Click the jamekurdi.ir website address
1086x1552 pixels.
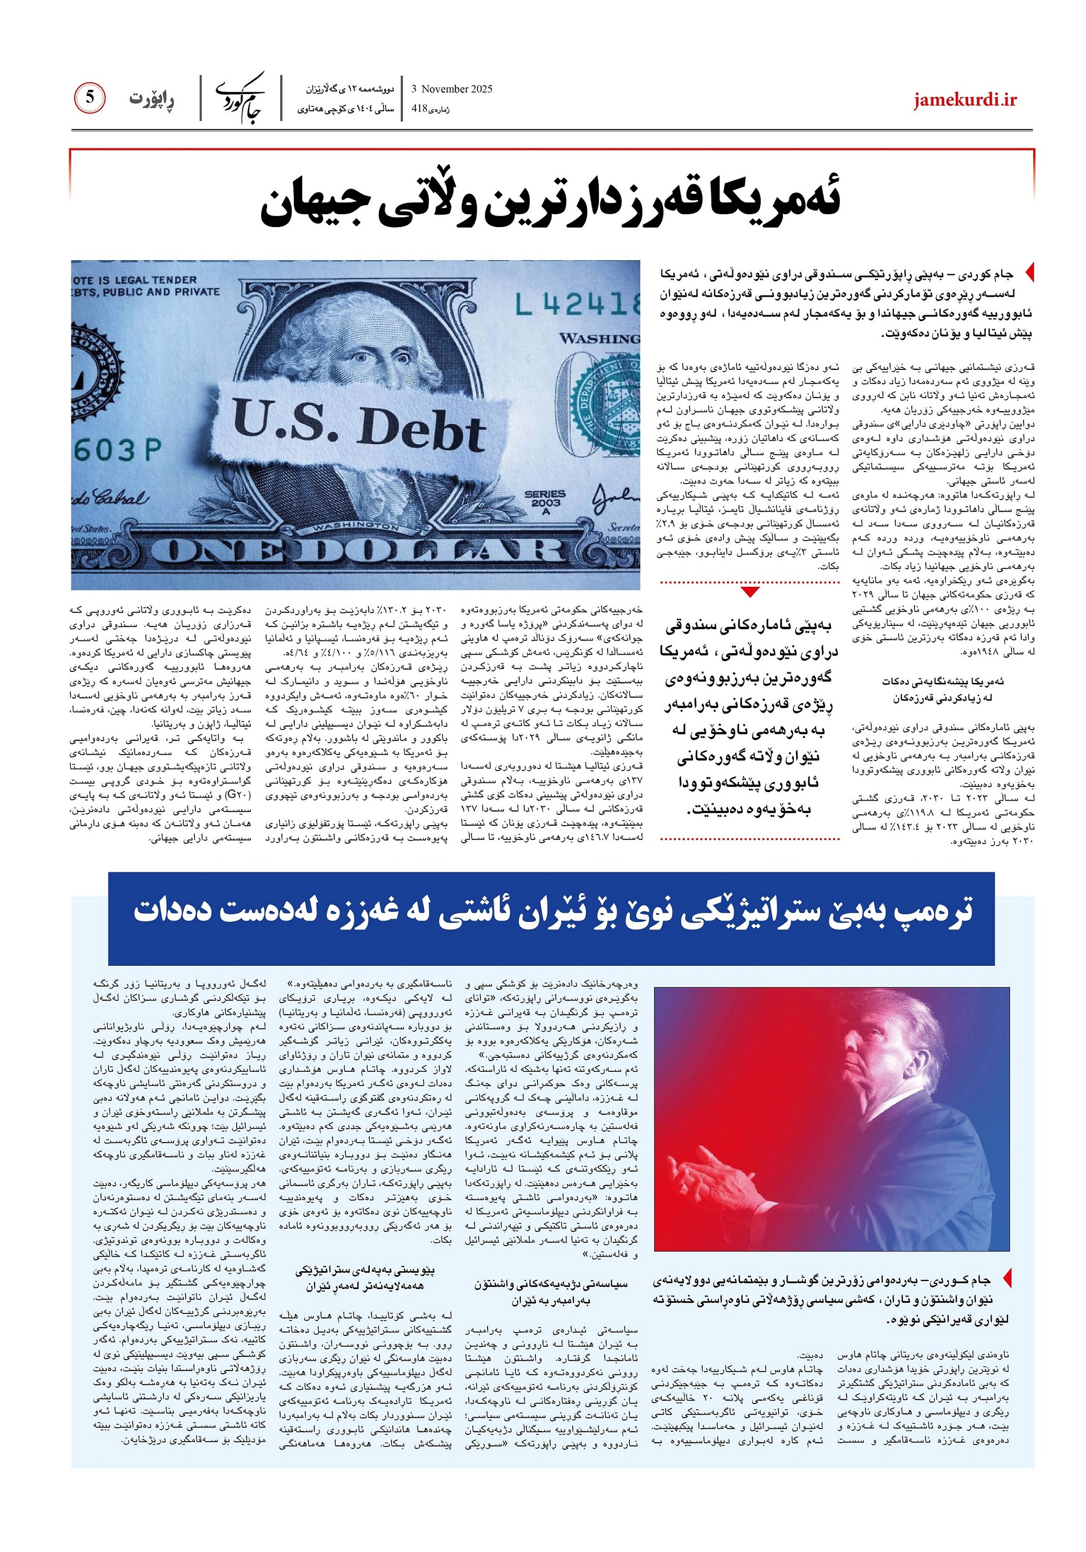(965, 100)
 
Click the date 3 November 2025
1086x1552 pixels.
(451, 89)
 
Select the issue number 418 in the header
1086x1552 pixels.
(420, 109)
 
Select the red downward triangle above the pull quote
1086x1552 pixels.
(750, 593)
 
